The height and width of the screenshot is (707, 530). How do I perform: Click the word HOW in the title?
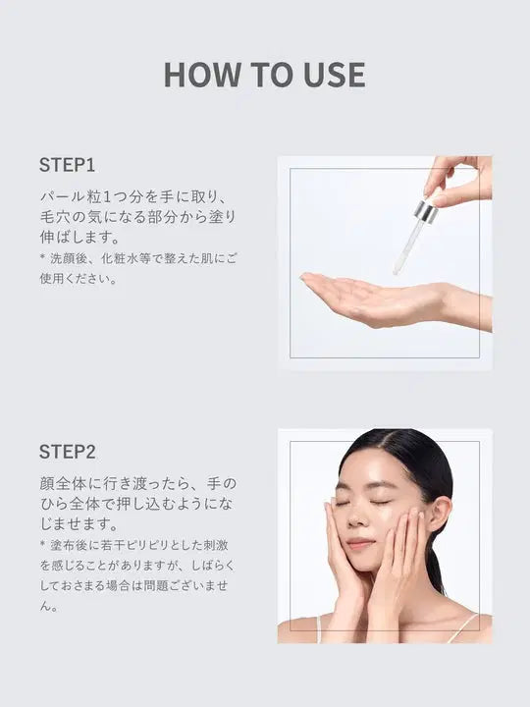pyautogui.click(x=202, y=75)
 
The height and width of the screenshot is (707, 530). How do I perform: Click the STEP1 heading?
pyautogui.click(x=67, y=165)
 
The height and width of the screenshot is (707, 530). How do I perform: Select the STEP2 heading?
pyautogui.click(x=68, y=452)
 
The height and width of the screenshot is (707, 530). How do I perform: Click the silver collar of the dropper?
pyautogui.click(x=426, y=212)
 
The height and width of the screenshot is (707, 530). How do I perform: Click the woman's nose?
pyautogui.click(x=357, y=518)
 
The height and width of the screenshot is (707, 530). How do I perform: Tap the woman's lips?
pyautogui.click(x=359, y=543)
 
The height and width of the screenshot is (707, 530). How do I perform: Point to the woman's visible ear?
pyautogui.click(x=439, y=514)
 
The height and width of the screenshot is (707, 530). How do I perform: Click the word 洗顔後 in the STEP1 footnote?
pyautogui.click(x=67, y=259)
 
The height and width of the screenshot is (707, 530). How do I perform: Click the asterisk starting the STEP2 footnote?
pyautogui.click(x=43, y=544)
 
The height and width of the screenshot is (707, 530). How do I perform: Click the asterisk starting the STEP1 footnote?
pyautogui.click(x=43, y=257)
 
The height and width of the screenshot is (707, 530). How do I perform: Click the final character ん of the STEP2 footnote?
pyautogui.click(x=45, y=607)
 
